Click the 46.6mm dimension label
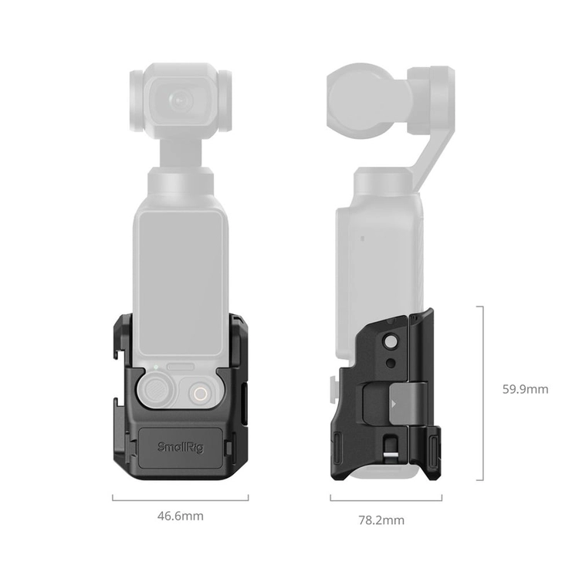[180, 516]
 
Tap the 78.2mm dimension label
[381, 520]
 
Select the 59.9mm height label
[525, 389]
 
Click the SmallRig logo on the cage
[181, 447]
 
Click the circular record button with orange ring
[201, 394]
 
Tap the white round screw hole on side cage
[390, 342]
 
